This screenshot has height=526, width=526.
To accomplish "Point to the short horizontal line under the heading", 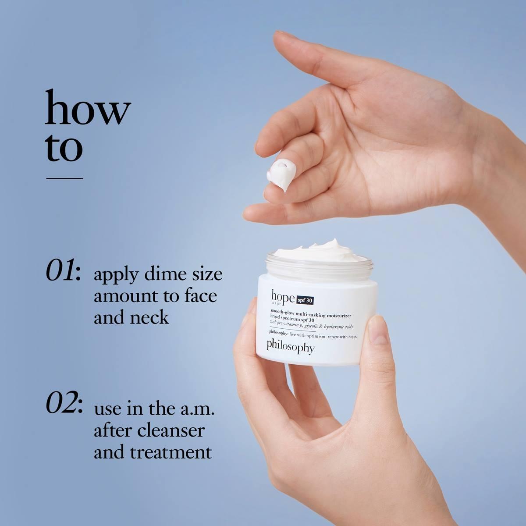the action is (x=64, y=178).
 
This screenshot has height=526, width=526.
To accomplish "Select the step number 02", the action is (x=64, y=405).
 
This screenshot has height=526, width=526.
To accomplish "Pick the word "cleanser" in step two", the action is (x=171, y=430).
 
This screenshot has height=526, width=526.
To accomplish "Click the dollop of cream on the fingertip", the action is (x=281, y=175).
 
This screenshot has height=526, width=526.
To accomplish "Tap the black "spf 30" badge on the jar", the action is (x=305, y=300).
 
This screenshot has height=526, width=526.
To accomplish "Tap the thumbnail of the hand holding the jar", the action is (x=377, y=332).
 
